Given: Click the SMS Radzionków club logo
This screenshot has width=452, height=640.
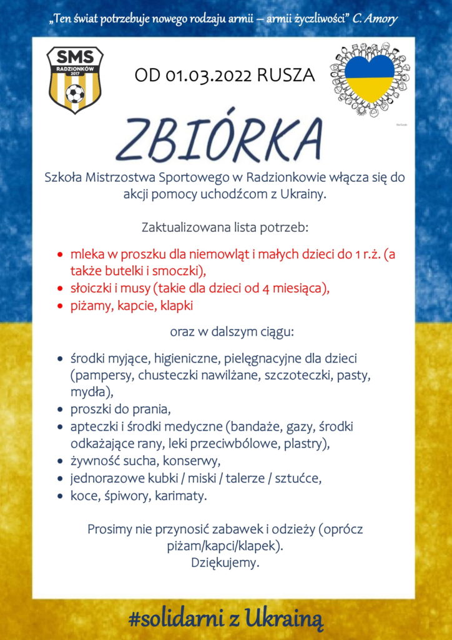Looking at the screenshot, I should pyautogui.click(x=75, y=79).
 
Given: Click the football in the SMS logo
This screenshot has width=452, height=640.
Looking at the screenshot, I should pyautogui.click(x=75, y=94).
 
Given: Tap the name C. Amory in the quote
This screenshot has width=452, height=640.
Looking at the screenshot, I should pyautogui.click(x=375, y=19).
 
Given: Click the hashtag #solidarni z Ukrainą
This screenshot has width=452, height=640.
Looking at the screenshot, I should pyautogui.click(x=226, y=619).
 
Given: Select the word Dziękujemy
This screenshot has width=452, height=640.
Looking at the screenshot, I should pyautogui.click(x=225, y=562).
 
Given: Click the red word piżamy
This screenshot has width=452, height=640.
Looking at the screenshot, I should pyautogui.click(x=90, y=306).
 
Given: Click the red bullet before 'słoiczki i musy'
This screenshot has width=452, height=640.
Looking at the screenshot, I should pyautogui.click(x=60, y=289).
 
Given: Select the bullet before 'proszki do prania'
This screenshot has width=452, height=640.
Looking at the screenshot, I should pyautogui.click(x=60, y=410).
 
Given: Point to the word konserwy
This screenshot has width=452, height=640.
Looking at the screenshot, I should pyautogui.click(x=192, y=462).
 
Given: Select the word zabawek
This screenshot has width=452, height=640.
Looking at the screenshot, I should pyautogui.click(x=245, y=529).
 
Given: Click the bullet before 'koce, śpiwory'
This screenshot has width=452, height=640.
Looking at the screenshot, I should pyautogui.click(x=60, y=496).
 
